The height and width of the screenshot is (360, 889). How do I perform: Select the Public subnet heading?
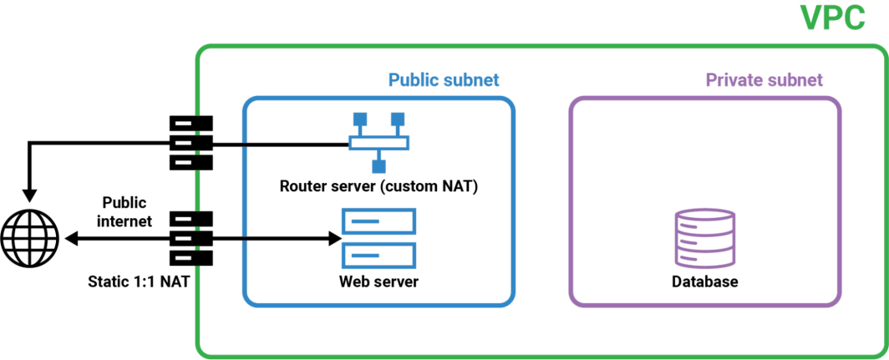444,80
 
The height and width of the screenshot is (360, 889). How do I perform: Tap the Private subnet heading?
765,80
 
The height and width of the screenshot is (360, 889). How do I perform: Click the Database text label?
705,281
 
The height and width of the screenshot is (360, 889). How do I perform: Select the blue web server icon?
378,238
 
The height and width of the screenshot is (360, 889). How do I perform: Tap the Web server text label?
378,281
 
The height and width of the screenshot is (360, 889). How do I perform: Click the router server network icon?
378,143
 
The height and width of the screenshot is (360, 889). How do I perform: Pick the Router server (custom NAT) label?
378,186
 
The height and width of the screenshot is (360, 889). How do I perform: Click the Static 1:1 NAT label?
142,281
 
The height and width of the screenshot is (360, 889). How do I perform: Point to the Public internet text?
124,211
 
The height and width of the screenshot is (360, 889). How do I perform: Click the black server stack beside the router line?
191,143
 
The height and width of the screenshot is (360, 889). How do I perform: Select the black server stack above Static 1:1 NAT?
191,239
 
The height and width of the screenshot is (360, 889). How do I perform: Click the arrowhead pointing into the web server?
333,239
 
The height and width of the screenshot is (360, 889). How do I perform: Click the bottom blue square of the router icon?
378,166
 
